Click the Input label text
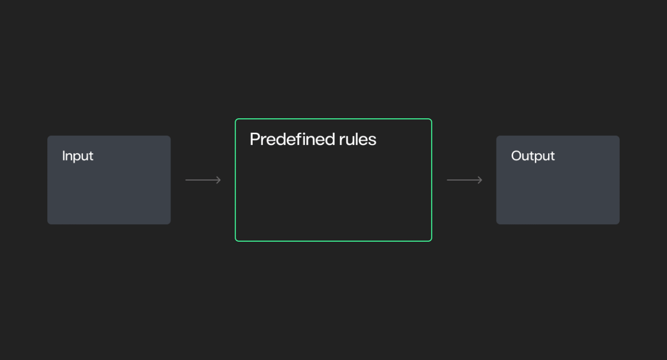pyautogui.click(x=78, y=156)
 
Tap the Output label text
pyautogui.click(x=533, y=156)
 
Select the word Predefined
pyautogui.click(x=292, y=139)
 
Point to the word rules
pyautogui.click(x=358, y=139)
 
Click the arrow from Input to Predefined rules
pyautogui.click(x=203, y=180)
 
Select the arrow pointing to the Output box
pyautogui.click(x=465, y=180)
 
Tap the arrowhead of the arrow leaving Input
pyautogui.click(x=219, y=180)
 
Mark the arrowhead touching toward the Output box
pyautogui.click(x=480, y=180)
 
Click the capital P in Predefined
pyautogui.click(x=255, y=139)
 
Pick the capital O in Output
pyautogui.click(x=516, y=156)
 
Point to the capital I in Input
pyautogui.click(x=63, y=156)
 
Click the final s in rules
pyautogui.click(x=373, y=140)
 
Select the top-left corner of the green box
pyautogui.click(x=235, y=119)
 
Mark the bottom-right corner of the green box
pyautogui.click(x=431, y=241)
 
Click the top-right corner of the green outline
pyautogui.click(x=431, y=119)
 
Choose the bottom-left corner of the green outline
pyautogui.click(x=235, y=241)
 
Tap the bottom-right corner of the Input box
pyautogui.click(x=170, y=224)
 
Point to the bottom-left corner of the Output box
pyautogui.click(x=496, y=224)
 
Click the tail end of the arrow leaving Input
pyautogui.click(x=185, y=180)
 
